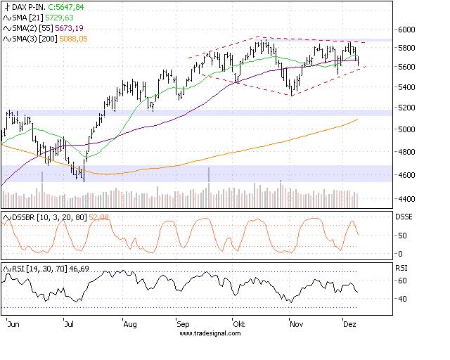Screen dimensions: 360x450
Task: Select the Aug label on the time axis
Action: pos(129,326)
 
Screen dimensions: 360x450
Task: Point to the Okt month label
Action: pos(240,326)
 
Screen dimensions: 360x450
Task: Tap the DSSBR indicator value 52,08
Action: pos(100,217)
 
